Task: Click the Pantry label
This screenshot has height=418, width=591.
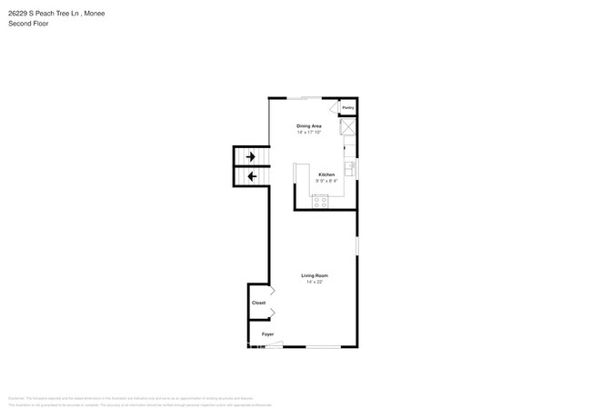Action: [x=347, y=107]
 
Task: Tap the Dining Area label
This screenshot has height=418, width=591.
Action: [x=309, y=125]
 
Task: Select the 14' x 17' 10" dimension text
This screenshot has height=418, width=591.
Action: [x=309, y=133]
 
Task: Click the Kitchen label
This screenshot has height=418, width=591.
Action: [x=326, y=174]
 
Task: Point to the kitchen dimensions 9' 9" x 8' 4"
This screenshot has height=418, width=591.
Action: [x=326, y=181]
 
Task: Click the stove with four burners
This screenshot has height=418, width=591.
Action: [x=320, y=203]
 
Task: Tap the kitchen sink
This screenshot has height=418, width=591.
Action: [x=350, y=169]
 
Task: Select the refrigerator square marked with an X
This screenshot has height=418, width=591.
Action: [x=347, y=127]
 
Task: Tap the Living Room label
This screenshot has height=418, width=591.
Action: [x=315, y=275]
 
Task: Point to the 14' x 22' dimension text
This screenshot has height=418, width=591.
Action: [x=315, y=283]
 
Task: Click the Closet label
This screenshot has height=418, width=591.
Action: [x=258, y=303]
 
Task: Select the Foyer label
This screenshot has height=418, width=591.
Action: [x=267, y=334]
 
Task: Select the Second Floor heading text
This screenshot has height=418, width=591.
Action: [x=28, y=24]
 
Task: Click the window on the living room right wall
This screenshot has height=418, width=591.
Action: [x=357, y=245]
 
